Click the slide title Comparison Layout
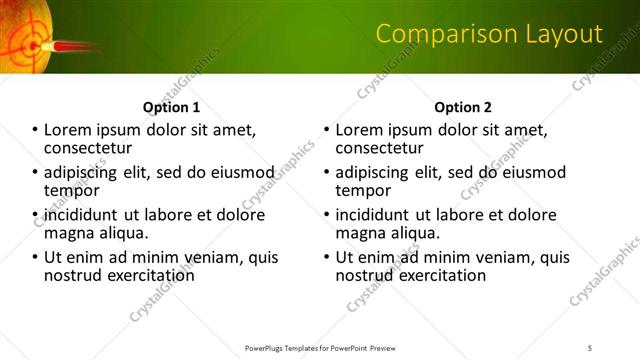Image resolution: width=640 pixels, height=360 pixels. pyautogui.click(x=489, y=35)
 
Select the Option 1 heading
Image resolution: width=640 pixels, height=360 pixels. pyautogui.click(x=172, y=107)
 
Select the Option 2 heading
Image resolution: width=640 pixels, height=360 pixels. pyautogui.click(x=463, y=107)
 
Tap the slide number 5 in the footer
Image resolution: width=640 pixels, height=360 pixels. pyautogui.click(x=590, y=348)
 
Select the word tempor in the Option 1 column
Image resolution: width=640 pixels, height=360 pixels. pyautogui.click(x=71, y=190)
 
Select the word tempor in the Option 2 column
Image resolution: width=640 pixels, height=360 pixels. pyautogui.click(x=363, y=190)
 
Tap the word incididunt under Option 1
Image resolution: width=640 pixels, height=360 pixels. pyautogui.click(x=81, y=214)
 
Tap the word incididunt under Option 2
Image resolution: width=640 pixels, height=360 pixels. pyautogui.click(x=373, y=214)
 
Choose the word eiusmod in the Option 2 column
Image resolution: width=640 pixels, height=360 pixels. pyautogui.click(x=534, y=172)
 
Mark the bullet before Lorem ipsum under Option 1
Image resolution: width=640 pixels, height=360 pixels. pyautogui.click(x=35, y=130)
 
